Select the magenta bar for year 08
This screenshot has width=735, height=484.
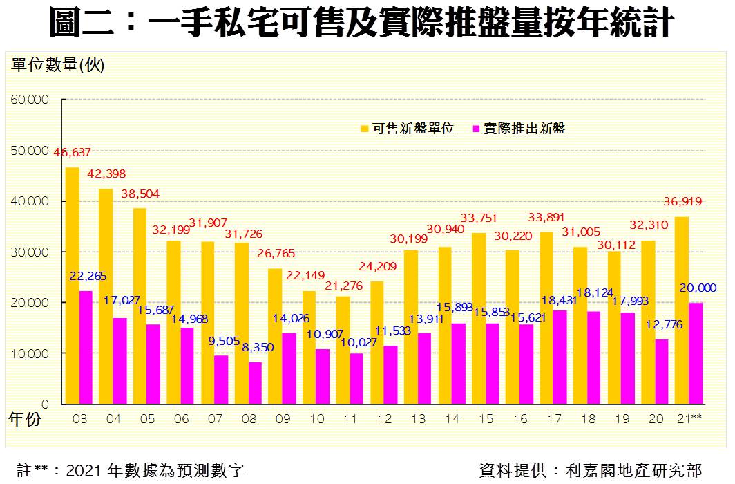255,383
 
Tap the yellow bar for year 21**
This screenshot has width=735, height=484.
681,310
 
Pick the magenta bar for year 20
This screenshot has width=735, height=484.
661,371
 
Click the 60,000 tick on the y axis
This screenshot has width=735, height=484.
29,100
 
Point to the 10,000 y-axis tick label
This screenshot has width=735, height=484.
29,353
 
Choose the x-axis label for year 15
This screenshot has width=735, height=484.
486,420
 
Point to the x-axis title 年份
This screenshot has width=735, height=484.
25,420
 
